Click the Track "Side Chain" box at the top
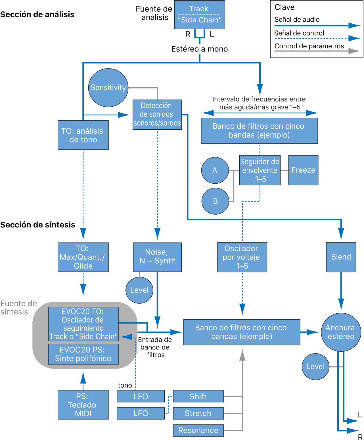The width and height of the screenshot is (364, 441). point(199,15)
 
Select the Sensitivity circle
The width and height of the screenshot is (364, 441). point(108,88)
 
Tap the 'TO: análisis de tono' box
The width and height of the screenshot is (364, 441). point(83,135)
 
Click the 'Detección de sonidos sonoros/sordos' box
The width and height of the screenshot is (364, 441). point(157,114)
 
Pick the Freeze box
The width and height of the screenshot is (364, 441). point(303,170)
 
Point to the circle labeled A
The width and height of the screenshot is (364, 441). point(215,170)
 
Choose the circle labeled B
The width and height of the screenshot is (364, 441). point(215,201)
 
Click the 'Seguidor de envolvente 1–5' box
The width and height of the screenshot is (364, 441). point(260,170)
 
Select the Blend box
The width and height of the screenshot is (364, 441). point(341,257)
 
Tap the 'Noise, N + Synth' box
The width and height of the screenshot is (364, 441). point(157,257)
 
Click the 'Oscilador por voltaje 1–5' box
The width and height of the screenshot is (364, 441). point(242,257)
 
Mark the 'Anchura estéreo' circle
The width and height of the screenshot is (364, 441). point(341,332)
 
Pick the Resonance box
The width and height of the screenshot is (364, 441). point(198,430)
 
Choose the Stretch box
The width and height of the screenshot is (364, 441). point(198,413)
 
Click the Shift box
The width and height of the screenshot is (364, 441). point(198,396)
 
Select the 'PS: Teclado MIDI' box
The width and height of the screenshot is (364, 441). point(83,405)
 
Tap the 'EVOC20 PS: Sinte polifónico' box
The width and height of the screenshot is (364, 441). point(83,354)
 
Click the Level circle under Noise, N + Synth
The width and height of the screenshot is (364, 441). point(139,290)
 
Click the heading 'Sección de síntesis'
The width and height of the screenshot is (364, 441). point(37,225)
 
